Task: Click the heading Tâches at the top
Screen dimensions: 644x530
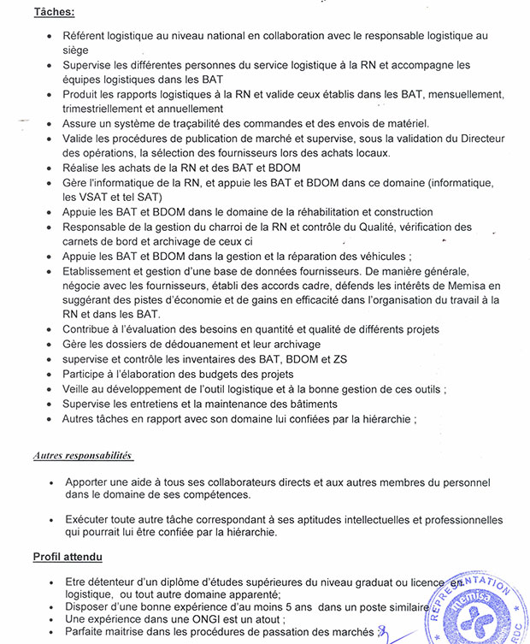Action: coord(54,13)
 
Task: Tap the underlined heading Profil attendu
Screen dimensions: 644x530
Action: coord(68,557)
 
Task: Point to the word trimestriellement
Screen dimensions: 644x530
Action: coord(108,109)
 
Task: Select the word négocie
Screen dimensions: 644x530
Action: coord(84,286)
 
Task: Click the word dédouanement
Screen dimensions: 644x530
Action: coord(191,345)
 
